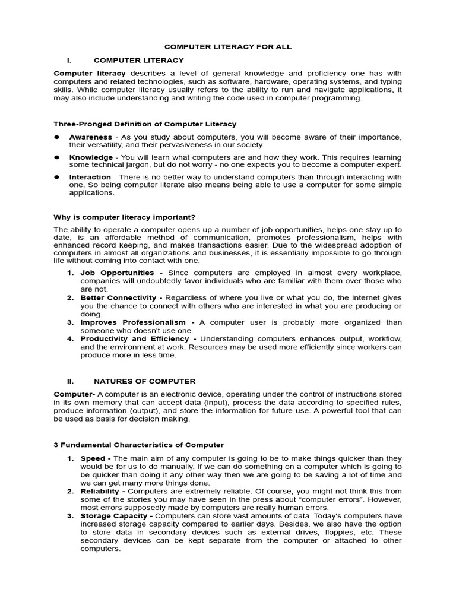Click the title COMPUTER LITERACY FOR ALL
point(228,46)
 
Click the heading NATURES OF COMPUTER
point(144,381)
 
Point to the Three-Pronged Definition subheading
point(145,124)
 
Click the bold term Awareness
point(90,137)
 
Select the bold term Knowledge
point(91,157)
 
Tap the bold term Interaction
point(90,177)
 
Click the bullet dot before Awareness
point(57,137)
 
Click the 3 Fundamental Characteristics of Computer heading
point(139,445)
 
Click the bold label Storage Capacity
point(110,517)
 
